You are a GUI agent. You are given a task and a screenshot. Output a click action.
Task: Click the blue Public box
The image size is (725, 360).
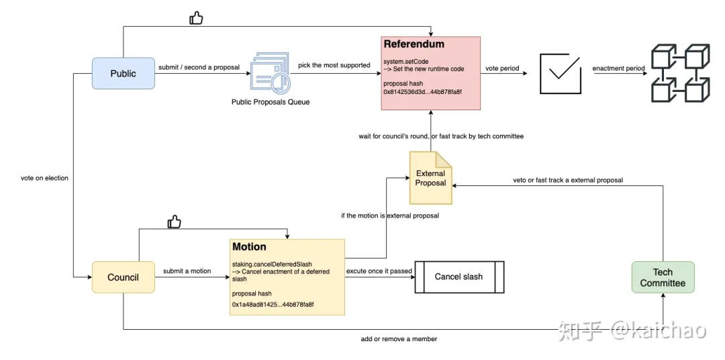tap(124, 73)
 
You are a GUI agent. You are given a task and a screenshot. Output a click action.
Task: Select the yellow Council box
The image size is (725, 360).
tap(124, 277)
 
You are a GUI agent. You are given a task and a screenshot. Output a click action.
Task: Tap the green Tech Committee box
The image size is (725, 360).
tap(663, 277)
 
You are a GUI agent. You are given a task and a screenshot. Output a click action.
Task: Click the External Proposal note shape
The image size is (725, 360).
tap(430, 178)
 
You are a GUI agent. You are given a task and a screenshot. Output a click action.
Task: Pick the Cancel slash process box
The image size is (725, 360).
tap(459, 277)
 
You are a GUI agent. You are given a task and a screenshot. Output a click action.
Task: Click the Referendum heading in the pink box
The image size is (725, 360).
tap(414, 44)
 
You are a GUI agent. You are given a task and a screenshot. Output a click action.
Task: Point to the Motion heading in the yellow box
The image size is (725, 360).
tap(249, 246)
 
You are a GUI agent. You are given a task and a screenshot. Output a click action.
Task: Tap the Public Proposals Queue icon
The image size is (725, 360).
tap(271, 73)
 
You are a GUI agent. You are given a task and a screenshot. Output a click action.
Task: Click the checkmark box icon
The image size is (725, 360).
tap(561, 73)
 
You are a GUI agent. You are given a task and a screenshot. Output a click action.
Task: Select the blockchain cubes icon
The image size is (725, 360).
tap(680, 73)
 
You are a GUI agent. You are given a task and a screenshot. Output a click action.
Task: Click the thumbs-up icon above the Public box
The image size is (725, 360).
tap(196, 18)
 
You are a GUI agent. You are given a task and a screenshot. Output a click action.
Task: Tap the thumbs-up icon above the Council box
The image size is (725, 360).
tap(174, 222)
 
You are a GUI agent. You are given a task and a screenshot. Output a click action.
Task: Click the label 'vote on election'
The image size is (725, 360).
tap(44, 178)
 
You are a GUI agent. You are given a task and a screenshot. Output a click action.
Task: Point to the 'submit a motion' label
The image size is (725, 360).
tap(187, 271)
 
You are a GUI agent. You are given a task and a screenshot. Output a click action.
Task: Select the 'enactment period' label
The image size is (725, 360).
tap(619, 69)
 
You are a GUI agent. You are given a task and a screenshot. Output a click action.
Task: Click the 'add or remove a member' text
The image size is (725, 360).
tap(399, 339)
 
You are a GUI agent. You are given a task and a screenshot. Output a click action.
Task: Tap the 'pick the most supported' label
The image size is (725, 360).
tap(334, 65)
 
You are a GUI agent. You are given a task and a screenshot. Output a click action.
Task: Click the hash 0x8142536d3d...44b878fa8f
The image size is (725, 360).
tap(423, 91)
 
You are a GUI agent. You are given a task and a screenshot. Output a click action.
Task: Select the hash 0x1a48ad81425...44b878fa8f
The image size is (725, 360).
tap(273, 304)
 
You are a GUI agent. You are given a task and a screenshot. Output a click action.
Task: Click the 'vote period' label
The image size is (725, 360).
tap(502, 69)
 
